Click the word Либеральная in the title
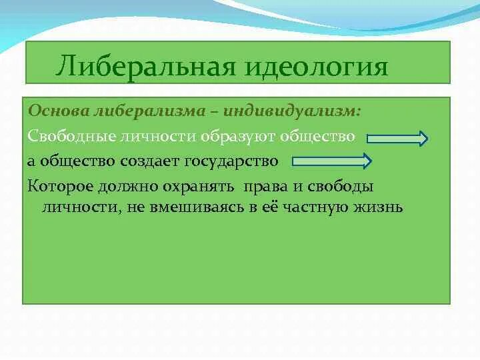(x=146, y=66)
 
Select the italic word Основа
(x=59, y=111)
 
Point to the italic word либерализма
(x=150, y=111)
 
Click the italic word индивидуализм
(x=292, y=111)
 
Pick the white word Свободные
(x=71, y=136)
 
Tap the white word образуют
(x=237, y=137)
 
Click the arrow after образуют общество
(x=397, y=139)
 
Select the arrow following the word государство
(x=332, y=161)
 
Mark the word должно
(x=128, y=187)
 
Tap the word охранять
(x=198, y=187)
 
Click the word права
(x=265, y=187)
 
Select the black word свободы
(x=341, y=187)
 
